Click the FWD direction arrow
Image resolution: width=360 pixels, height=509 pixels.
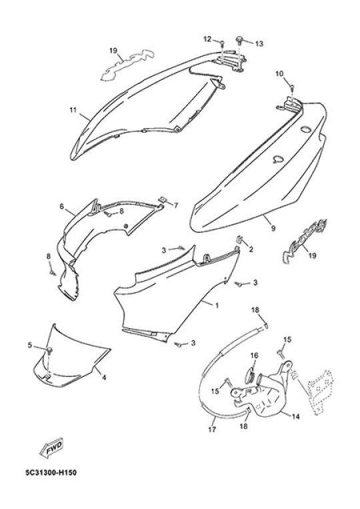point(51,449)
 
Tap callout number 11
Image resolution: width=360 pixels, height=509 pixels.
point(73,110)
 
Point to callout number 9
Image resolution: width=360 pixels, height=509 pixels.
point(273,228)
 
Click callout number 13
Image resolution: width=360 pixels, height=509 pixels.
point(259,43)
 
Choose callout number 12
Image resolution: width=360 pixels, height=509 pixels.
point(207,39)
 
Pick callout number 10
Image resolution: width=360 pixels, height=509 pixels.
point(279,74)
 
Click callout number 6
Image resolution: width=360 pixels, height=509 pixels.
point(61,206)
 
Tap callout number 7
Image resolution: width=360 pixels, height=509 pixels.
point(176,205)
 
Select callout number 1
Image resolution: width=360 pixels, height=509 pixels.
point(217,305)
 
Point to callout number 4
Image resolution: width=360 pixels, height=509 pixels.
point(104,377)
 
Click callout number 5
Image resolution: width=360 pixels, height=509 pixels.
point(30,345)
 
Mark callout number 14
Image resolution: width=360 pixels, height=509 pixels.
point(295,416)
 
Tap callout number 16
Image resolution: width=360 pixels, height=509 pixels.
point(254,356)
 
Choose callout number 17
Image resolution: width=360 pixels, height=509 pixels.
point(212,430)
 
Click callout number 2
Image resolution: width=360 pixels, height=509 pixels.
point(251,249)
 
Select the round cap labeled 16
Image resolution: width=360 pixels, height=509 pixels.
point(251,378)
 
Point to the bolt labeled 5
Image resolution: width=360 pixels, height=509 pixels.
point(49,350)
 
